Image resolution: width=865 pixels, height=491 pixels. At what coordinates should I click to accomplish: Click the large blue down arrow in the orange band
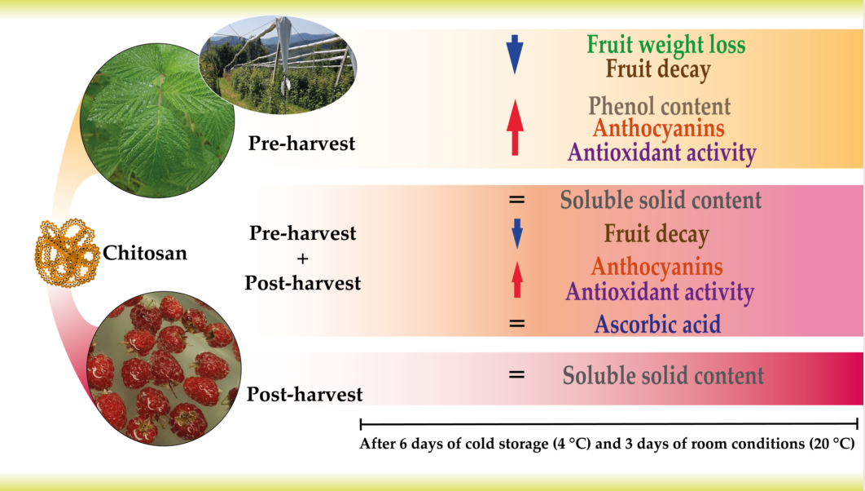coord(514,54)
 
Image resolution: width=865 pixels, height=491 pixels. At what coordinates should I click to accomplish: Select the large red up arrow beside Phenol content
coord(515,127)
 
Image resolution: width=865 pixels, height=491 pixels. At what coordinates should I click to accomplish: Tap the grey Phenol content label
coord(659,106)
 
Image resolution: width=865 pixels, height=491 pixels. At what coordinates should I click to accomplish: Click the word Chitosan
coord(145,253)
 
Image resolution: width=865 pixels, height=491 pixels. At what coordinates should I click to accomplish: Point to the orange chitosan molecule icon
coord(67,252)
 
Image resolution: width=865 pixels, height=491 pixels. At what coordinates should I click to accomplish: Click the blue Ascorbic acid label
coord(657,324)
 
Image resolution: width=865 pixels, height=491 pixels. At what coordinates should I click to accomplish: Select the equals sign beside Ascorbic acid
coord(517,323)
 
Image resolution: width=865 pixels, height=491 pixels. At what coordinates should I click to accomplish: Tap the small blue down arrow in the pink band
coord(517,233)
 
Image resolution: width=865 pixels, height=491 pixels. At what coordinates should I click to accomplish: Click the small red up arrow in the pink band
coord(517,280)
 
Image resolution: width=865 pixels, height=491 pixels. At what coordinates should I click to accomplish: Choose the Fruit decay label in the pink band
coord(656,234)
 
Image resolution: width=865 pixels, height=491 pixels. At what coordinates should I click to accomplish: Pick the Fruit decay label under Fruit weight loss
coord(658,70)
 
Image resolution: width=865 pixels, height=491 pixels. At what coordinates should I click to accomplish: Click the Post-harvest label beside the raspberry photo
coord(305,394)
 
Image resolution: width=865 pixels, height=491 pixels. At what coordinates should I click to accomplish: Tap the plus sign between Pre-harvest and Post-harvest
coord(302,259)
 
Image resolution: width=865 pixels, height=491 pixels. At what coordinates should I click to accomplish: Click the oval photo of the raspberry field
coord(278,65)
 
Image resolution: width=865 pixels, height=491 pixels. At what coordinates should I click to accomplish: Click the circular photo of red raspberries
coord(164,369)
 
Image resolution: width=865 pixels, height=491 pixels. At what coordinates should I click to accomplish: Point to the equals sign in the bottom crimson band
coord(517,374)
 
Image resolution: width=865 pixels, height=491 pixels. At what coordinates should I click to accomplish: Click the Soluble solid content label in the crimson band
coord(663,375)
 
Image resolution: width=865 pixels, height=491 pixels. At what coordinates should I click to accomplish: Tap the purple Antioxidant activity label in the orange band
coord(662,153)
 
